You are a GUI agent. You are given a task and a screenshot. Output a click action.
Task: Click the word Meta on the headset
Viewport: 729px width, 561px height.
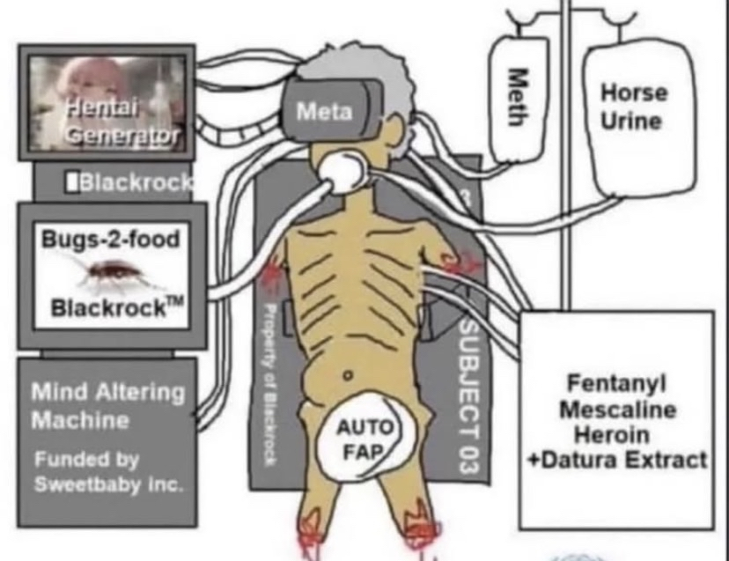tap(324, 112)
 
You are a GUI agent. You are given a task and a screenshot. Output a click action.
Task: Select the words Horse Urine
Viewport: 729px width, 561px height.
tap(633, 106)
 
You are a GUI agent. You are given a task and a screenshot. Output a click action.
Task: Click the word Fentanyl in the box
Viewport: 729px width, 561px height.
tap(616, 383)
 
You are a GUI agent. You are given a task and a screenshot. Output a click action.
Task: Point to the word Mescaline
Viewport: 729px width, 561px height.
tap(617, 410)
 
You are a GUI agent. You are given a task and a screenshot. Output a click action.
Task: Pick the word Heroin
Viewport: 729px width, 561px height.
tap(616, 435)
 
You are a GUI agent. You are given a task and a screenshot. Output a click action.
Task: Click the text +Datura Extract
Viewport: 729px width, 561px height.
tap(616, 460)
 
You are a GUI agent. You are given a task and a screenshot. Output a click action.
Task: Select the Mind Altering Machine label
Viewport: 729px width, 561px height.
tap(107, 405)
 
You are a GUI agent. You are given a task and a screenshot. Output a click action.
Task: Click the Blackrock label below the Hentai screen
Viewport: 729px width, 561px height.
tap(132, 182)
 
